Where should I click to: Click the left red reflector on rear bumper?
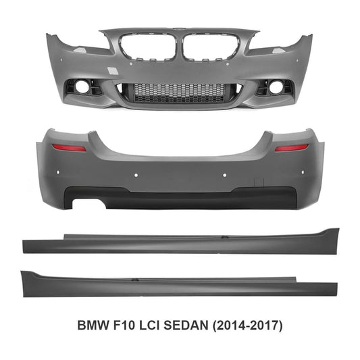[70, 147]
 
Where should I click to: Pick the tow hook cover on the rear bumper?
[257, 181]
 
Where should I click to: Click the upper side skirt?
[180, 242]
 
